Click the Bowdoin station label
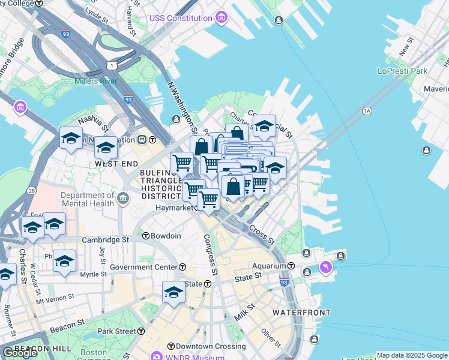[x=166, y=236]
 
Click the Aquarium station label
[x=270, y=266]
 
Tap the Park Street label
[x=116, y=331]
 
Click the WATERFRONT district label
[x=301, y=313]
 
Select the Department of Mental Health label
[x=87, y=199]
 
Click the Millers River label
[x=95, y=81]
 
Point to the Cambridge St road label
[x=106, y=239]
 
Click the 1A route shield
[x=367, y=111]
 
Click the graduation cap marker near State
[x=173, y=293]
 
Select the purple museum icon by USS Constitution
[x=221, y=16]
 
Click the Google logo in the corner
[x=20, y=353]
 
